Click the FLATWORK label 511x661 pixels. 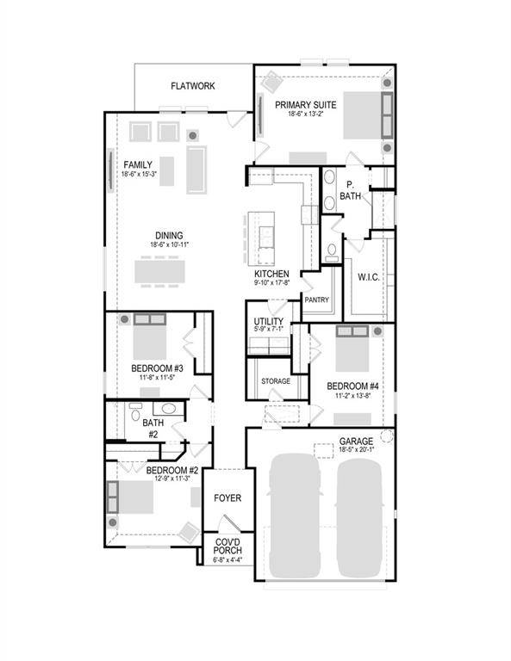192,86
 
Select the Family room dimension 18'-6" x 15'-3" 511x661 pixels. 139,175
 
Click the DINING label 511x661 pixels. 169,236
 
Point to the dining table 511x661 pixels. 159,271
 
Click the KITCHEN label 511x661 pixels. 271,274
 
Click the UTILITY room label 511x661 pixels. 265,320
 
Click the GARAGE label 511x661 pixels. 355,441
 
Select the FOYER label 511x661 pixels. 228,497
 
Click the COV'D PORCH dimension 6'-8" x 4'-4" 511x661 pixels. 228,560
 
